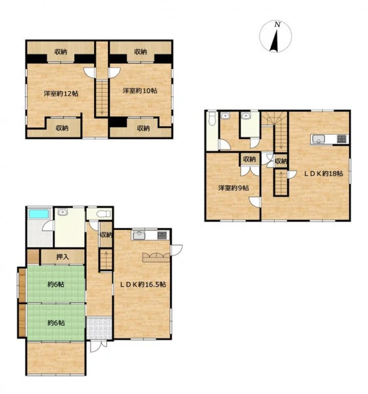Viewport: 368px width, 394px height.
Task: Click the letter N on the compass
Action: [x=277, y=25]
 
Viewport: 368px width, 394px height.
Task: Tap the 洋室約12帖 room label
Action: [x=61, y=94]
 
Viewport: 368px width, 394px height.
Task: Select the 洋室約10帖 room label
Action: [x=140, y=91]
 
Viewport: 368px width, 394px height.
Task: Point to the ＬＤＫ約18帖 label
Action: [x=323, y=173]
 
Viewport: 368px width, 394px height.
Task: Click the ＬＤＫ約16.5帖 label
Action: [x=143, y=284]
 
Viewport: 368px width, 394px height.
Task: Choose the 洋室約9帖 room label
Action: [x=233, y=188]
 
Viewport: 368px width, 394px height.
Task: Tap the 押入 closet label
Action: [x=62, y=257]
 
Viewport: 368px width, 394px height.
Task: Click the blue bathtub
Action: [x=39, y=214]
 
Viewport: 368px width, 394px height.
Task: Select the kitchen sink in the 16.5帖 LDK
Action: [x=139, y=236]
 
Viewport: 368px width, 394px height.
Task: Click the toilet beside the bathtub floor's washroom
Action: [x=103, y=214]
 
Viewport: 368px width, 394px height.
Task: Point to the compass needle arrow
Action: [x=275, y=41]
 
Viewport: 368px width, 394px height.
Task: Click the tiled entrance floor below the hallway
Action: [x=99, y=328]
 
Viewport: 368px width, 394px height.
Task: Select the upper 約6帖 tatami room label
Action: [x=56, y=284]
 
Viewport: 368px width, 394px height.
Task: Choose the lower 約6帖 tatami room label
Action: [x=56, y=323]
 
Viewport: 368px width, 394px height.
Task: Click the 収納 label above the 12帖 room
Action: [x=61, y=52]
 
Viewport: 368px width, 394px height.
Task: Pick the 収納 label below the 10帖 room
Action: [x=143, y=129]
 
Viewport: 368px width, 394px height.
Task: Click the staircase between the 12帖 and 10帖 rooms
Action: [x=102, y=97]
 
